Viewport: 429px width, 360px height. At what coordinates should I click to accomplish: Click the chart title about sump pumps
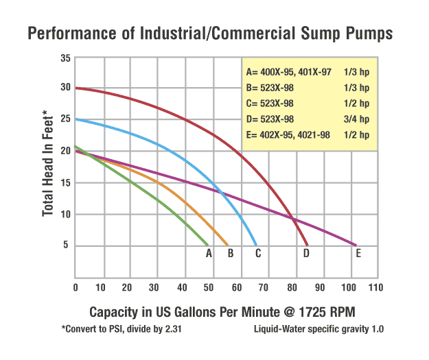coord(213,32)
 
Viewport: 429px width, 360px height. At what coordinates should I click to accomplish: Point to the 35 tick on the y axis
coord(65,58)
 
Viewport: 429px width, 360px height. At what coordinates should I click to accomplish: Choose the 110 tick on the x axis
coord(375,286)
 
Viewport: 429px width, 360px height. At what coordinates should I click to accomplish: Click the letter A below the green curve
coord(209,254)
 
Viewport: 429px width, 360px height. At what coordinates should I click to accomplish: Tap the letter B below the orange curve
coord(231,254)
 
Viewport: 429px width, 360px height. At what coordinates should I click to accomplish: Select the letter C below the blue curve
coord(257,254)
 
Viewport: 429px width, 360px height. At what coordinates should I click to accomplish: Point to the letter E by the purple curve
coord(358,254)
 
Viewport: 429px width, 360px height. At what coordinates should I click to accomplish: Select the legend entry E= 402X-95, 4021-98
coord(288,135)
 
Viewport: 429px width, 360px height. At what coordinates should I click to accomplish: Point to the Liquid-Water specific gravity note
coord(318,329)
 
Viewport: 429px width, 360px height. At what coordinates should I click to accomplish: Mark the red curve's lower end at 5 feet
coord(307,245)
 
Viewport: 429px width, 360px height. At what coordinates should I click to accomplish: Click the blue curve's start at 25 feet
coord(76,119)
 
